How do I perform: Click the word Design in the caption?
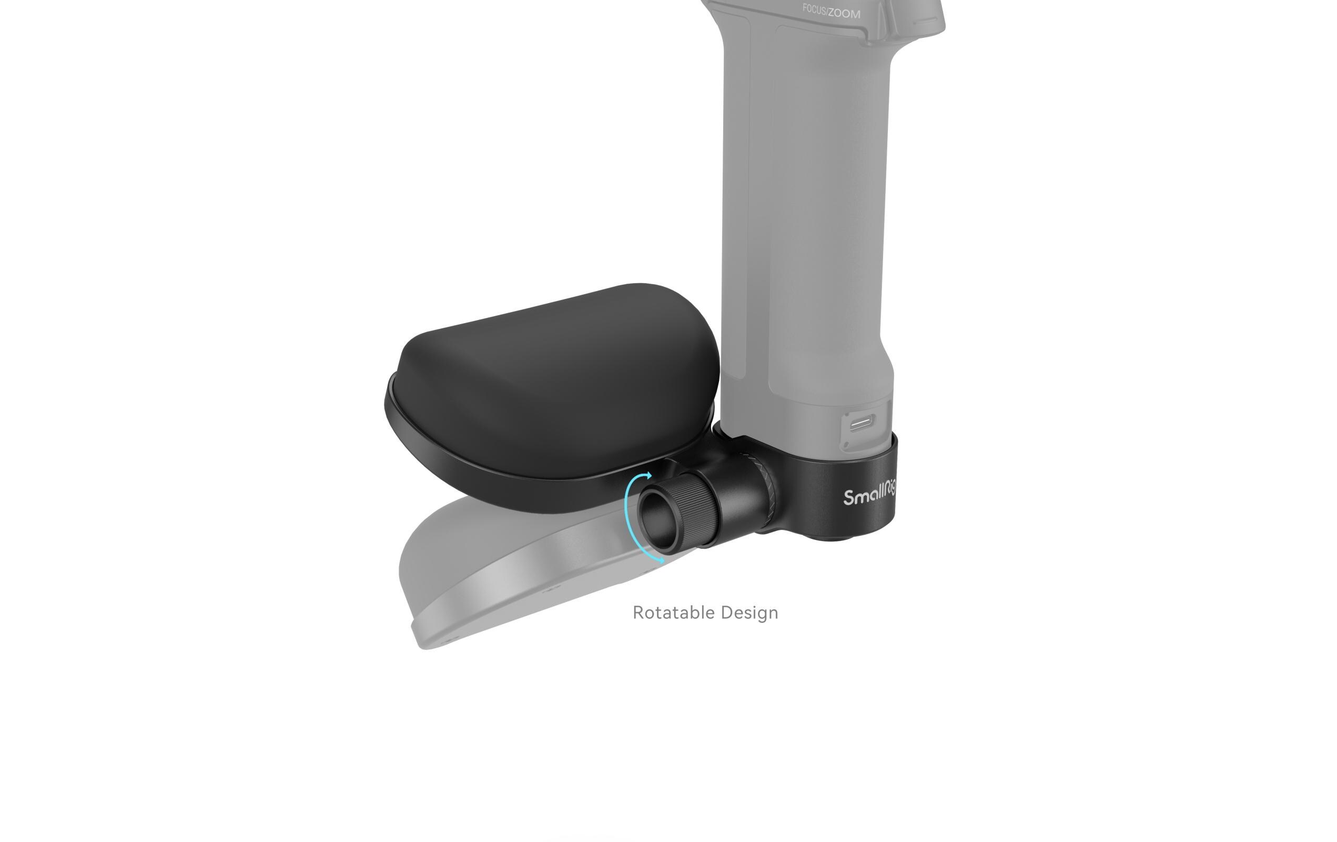tap(749, 613)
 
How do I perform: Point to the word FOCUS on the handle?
tap(814, 9)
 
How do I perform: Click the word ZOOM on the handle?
tap(845, 13)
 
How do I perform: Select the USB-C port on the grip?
tap(861, 424)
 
